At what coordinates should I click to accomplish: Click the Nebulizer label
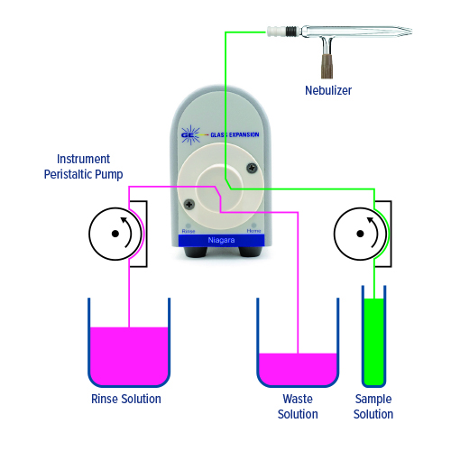click(328, 90)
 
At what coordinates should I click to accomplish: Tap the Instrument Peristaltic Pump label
click(83, 167)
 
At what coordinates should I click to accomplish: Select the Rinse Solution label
click(126, 399)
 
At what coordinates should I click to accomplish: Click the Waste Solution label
click(298, 407)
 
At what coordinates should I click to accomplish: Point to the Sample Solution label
click(373, 407)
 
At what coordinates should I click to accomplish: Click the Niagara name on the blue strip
click(221, 240)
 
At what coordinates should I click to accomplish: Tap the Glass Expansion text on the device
click(235, 134)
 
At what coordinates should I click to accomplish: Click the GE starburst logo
click(191, 135)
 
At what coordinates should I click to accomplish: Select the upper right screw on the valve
click(252, 168)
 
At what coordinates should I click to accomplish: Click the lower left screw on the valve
click(189, 205)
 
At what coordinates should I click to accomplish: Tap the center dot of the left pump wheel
click(115, 234)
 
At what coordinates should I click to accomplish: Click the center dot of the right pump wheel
click(360, 234)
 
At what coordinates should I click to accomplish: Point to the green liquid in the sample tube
click(373, 341)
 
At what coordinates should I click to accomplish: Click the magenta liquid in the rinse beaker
click(129, 355)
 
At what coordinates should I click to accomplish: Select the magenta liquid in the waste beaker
click(298, 369)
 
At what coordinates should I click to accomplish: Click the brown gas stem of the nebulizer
click(327, 66)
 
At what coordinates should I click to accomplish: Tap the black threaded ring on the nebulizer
click(290, 32)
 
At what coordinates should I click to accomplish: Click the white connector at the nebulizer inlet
click(276, 32)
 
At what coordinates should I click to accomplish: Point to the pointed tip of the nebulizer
click(411, 32)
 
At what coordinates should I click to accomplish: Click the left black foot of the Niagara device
click(196, 252)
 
